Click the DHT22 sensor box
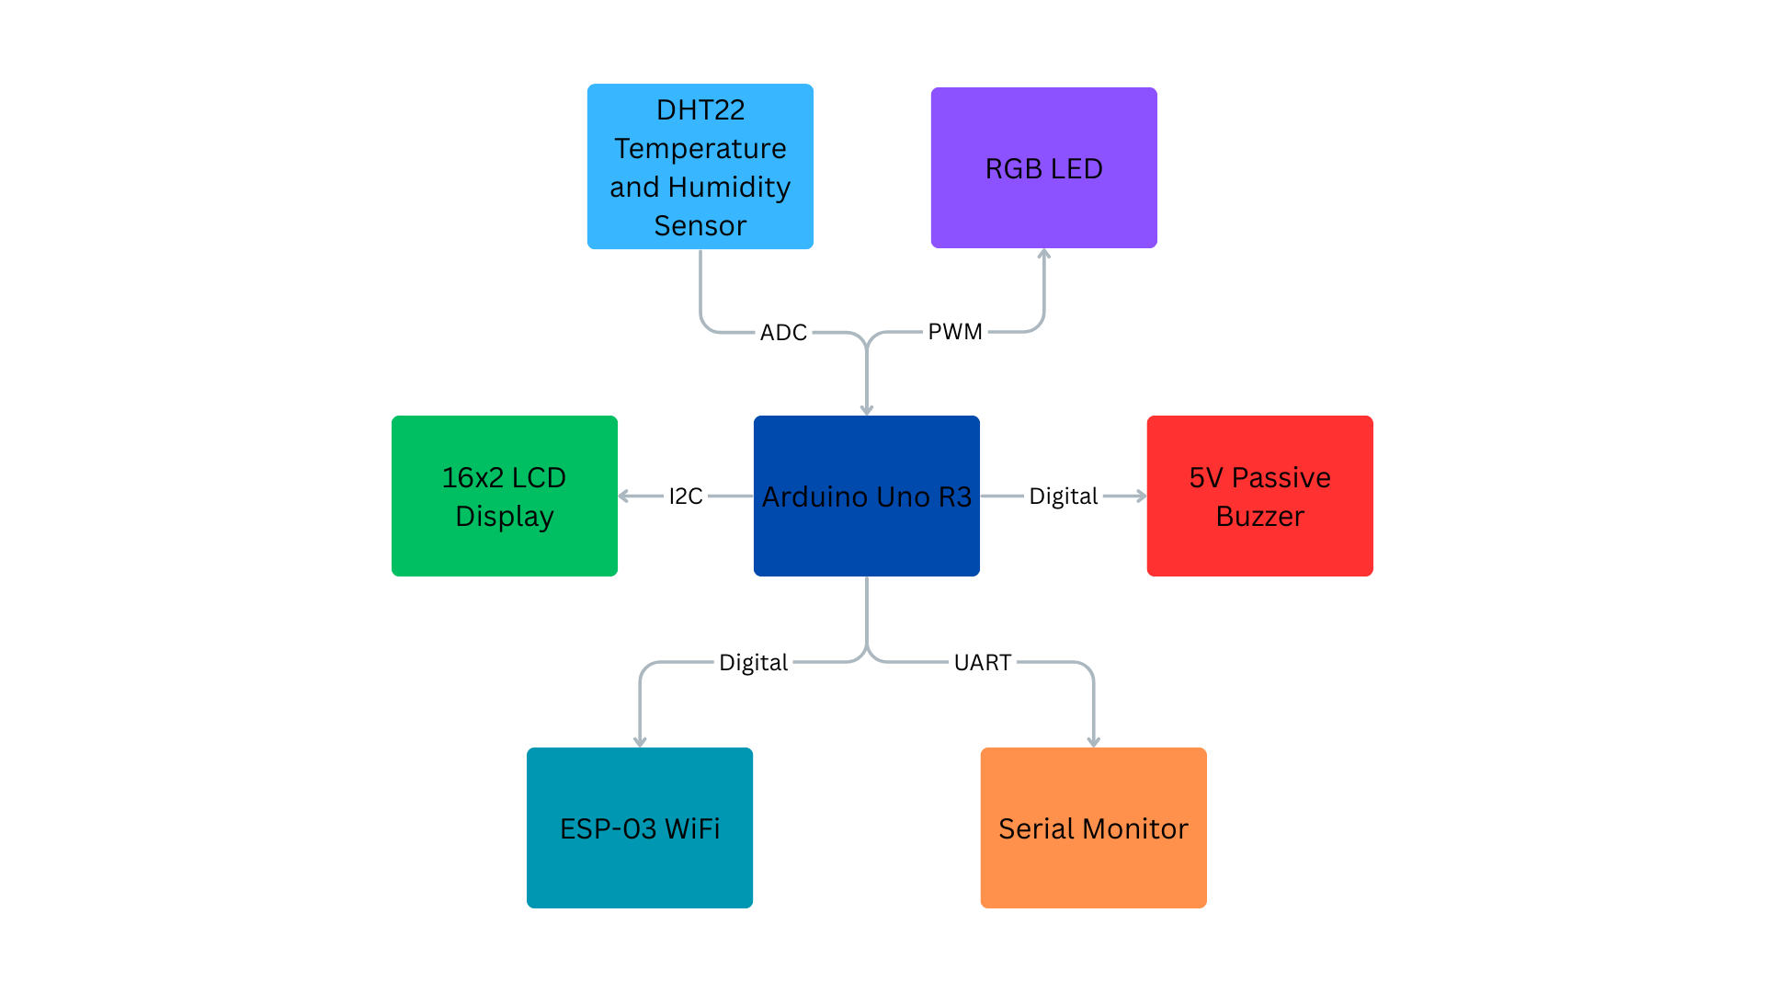point(700,166)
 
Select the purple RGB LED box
point(1043,168)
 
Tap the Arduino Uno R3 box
point(866,496)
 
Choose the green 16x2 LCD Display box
point(504,496)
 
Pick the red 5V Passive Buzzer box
point(1259,496)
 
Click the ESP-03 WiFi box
point(639,827)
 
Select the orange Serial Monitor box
point(1093,827)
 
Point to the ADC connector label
point(783,332)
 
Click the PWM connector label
point(955,331)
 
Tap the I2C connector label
point(685,496)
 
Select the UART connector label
point(982,662)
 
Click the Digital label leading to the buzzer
point(1063,496)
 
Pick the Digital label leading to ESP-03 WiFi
point(753,662)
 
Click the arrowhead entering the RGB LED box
point(1044,254)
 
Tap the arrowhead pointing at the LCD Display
point(624,496)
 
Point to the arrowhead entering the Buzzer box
point(1141,496)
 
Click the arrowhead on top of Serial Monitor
point(1094,742)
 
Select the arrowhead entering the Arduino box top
point(867,410)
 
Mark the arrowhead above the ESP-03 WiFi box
point(640,742)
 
